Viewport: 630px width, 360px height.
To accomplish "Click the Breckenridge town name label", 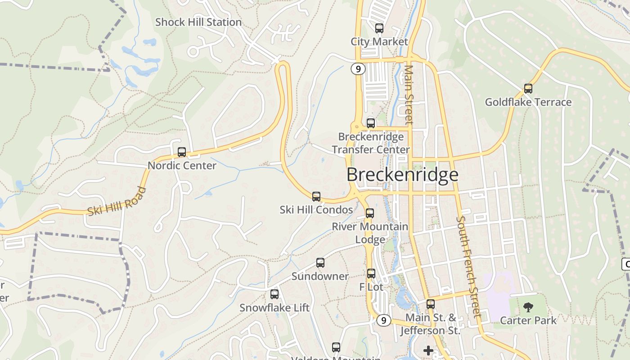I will coord(402,175).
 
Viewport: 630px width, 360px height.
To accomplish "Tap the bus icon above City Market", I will coord(379,28).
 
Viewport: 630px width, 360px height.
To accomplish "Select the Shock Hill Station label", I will coord(198,22).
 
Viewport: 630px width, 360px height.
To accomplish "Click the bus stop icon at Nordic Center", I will coord(182,152).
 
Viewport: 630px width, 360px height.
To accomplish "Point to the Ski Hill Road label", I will coord(117,202).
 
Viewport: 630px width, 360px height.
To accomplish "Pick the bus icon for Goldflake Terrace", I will coord(528,89).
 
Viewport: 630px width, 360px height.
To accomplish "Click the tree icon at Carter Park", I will coord(528,307).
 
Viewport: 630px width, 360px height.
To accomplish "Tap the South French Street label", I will coord(468,267).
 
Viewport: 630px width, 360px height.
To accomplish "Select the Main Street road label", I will coord(409,94).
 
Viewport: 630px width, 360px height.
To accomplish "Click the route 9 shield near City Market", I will coord(358,69).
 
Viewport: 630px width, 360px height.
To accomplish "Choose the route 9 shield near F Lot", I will coord(383,320).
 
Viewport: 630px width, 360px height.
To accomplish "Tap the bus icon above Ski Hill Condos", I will coord(316,197).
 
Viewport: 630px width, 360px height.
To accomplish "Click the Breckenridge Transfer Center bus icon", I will coord(371,123).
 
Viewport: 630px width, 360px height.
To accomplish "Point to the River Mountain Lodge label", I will coord(370,233).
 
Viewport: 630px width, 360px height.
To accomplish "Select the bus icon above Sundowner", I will coord(320,263).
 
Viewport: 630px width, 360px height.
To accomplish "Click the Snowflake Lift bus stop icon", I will coord(274,294).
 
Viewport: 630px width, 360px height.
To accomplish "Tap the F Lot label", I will coord(371,287).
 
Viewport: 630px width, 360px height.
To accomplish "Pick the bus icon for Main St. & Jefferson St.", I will coord(431,304).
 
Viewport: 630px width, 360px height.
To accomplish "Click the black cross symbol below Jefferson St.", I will coord(428,350).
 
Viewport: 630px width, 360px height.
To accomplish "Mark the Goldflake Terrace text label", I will coord(528,102).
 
